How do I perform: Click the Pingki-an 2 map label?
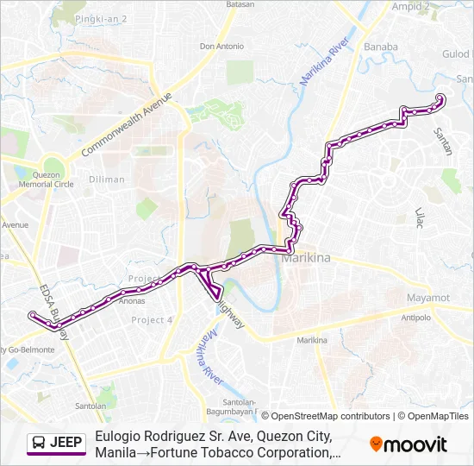pyautogui.click(x=101, y=18)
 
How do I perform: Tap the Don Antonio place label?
pyautogui.click(x=221, y=47)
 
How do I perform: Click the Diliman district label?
pyautogui.click(x=106, y=179)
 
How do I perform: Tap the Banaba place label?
pyautogui.click(x=381, y=47)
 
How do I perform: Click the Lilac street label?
pyautogui.click(x=421, y=217)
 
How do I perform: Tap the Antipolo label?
pyautogui.click(x=415, y=318)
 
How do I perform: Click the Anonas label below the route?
pyautogui.click(x=131, y=301)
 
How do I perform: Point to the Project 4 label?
pyautogui.click(x=152, y=320)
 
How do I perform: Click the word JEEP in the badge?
pyautogui.click(x=66, y=444)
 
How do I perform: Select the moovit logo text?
pyautogui.click(x=415, y=444)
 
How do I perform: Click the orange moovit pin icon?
pyautogui.click(x=376, y=444)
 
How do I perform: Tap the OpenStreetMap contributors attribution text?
pyautogui.click(x=326, y=416)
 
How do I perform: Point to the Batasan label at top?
pyautogui.click(x=240, y=4)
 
